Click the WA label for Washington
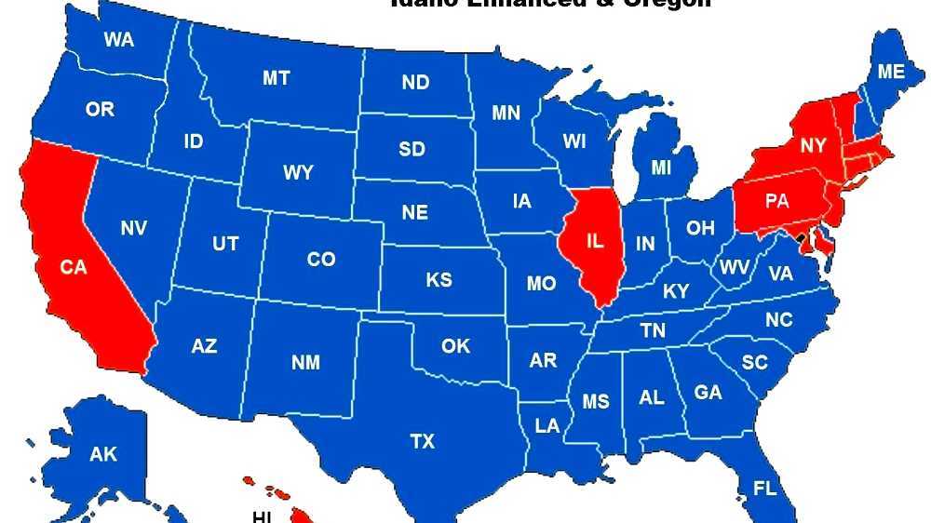point(118,40)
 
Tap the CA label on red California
point(74,267)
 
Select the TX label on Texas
point(423,442)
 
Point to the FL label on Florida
point(764,489)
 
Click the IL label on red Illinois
point(595,240)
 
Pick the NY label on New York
point(813,146)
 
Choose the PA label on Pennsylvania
point(777,200)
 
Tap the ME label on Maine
point(891,72)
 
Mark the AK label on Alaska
point(103,455)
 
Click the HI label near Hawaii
point(262,516)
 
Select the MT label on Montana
point(276,79)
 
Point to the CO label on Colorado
point(321,260)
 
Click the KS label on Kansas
point(439,280)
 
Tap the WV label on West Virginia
point(735,268)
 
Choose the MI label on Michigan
point(661,168)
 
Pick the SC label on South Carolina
point(755,362)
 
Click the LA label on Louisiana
point(547,426)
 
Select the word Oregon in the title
point(666,3)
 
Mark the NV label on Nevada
point(134,227)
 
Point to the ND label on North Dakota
point(415,83)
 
